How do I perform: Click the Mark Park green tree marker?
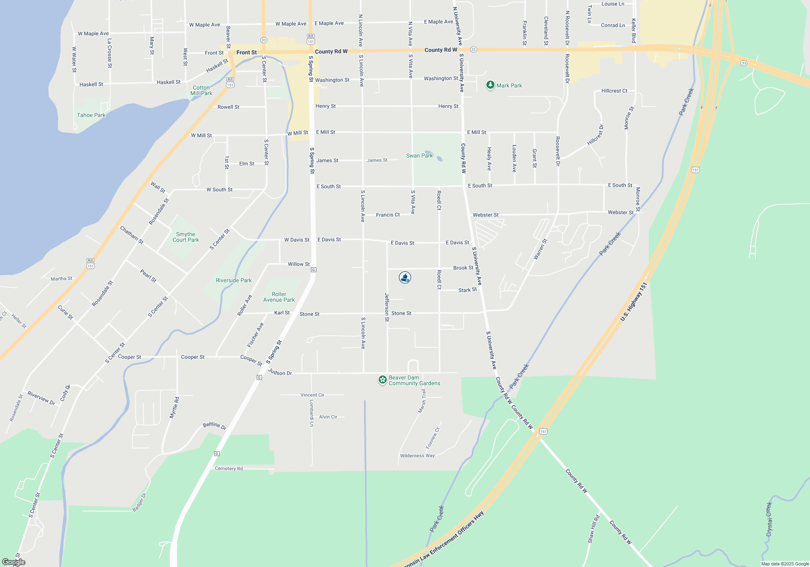(x=490, y=85)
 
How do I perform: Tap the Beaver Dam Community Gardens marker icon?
(x=382, y=380)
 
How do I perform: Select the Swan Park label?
(x=419, y=156)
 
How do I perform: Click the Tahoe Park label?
(x=91, y=115)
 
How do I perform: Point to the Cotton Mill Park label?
(x=201, y=90)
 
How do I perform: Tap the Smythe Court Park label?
(x=185, y=237)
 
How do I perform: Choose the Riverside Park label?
(x=234, y=280)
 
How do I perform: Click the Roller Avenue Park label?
(x=279, y=297)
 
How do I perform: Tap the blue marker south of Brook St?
(x=405, y=277)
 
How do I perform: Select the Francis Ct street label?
(x=388, y=215)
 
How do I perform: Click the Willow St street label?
(x=298, y=264)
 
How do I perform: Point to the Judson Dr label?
(x=280, y=372)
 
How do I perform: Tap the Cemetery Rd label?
(x=229, y=469)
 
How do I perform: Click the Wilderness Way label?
(x=417, y=456)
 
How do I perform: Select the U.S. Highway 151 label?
(x=633, y=302)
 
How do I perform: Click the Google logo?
(x=14, y=562)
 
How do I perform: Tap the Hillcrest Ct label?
(x=614, y=91)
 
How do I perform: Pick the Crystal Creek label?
(x=769, y=519)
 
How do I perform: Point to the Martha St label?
(x=61, y=279)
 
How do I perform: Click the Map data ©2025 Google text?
(x=784, y=564)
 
